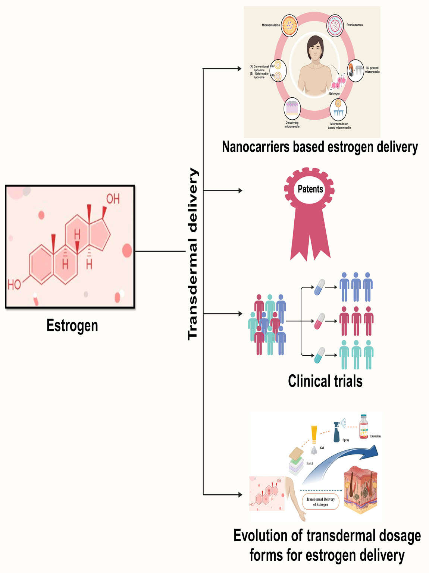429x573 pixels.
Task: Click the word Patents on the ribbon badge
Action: (310, 189)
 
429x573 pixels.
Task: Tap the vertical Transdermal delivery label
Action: (192, 254)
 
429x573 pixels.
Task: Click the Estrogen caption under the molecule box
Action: (72, 325)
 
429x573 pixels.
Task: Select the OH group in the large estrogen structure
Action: (113, 199)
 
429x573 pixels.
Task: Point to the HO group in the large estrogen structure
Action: (15, 285)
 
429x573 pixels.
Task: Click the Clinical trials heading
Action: (325, 381)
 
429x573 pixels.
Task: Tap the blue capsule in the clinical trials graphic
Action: (320, 287)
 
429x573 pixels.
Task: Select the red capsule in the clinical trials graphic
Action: (320, 321)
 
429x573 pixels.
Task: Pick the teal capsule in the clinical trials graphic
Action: (320, 355)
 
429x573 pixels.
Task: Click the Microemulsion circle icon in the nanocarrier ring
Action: (289, 25)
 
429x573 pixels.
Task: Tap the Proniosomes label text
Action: (354, 25)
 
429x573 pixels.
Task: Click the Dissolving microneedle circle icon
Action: (292, 108)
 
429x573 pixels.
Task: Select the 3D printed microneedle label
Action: (372, 70)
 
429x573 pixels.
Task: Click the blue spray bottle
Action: (337, 432)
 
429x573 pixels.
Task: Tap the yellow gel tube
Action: (314, 434)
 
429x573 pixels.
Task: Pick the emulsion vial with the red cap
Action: (363, 427)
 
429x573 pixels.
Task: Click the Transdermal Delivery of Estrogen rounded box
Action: (320, 502)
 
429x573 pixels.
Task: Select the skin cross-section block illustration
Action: (360, 490)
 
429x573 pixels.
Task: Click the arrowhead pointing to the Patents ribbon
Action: (240, 191)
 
